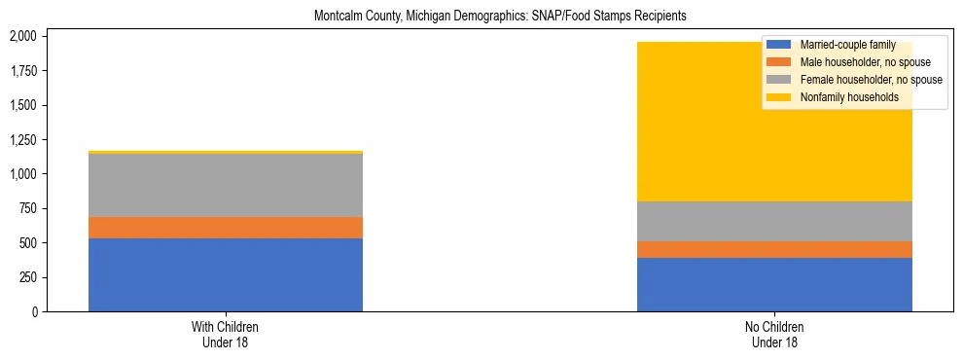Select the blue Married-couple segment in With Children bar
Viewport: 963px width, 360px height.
point(226,274)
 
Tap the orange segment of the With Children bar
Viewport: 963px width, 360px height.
point(226,228)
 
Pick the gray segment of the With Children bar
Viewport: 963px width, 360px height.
point(226,185)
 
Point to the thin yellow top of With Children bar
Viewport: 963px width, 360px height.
point(226,152)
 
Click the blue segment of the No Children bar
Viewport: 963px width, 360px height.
point(774,284)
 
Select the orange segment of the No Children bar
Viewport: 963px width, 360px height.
point(774,249)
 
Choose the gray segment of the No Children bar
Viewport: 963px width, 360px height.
point(774,221)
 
